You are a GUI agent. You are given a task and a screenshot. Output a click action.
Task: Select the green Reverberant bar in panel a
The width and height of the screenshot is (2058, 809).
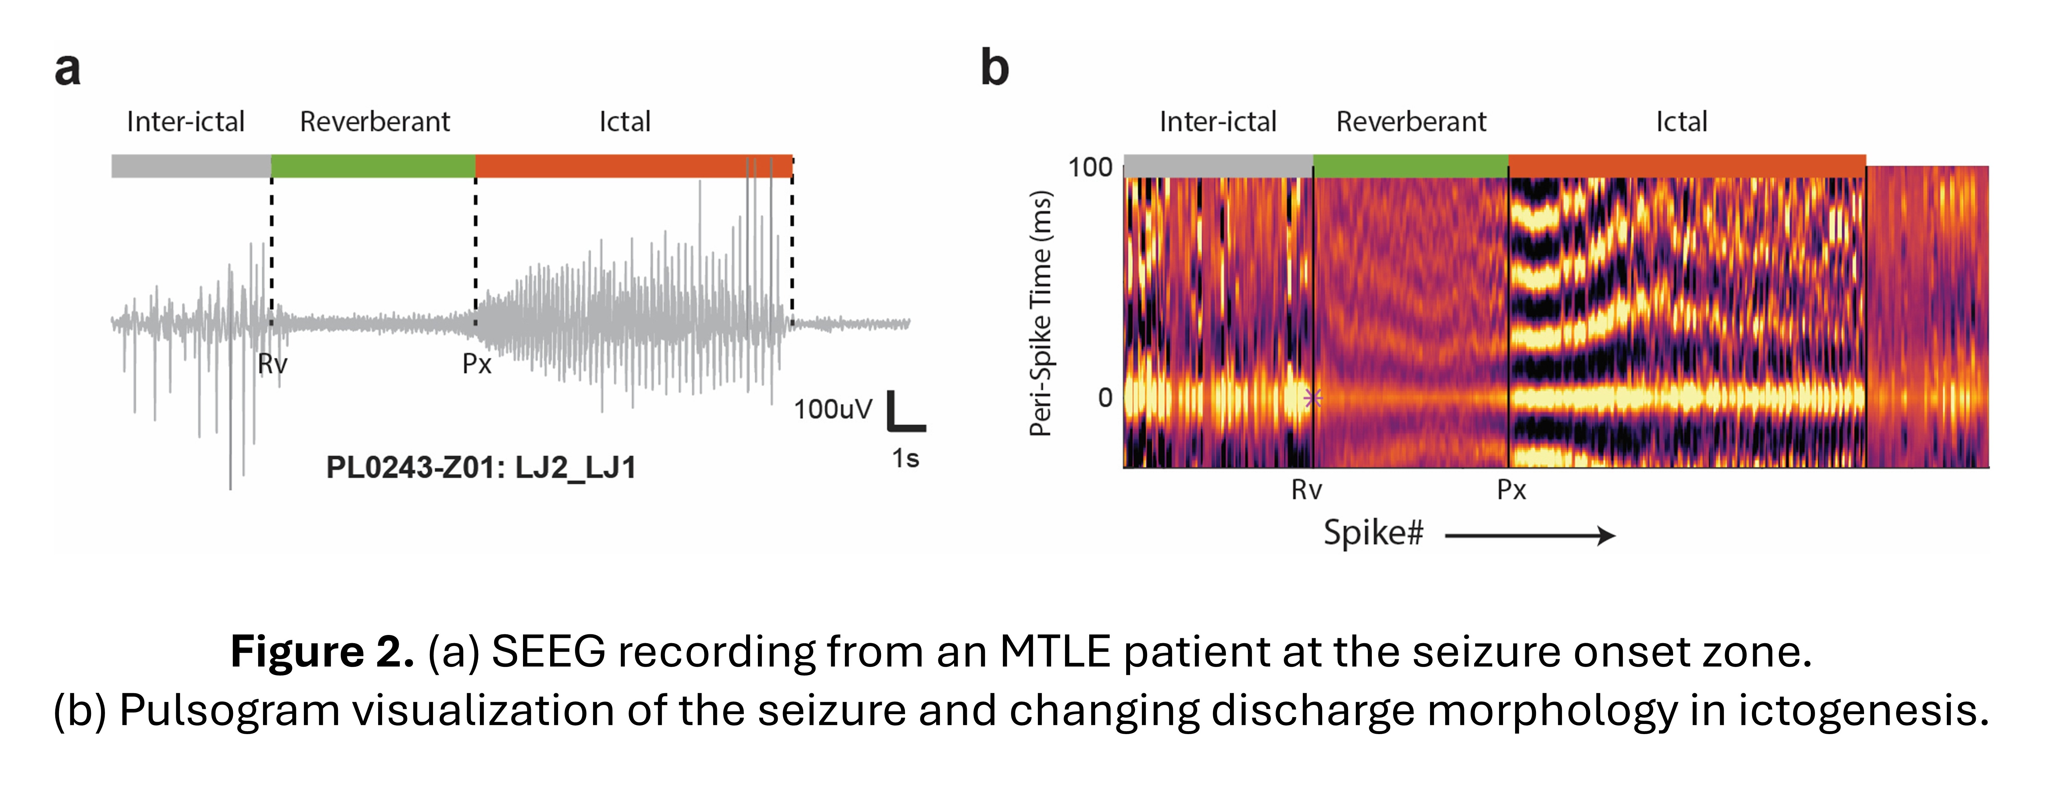(x=373, y=166)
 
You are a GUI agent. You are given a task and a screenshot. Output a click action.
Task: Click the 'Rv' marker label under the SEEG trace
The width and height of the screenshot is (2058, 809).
(x=272, y=364)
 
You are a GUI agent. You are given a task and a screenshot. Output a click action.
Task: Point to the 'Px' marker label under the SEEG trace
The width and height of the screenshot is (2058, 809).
(x=477, y=364)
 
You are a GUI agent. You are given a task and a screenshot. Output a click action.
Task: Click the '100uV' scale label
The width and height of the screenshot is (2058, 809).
(x=832, y=409)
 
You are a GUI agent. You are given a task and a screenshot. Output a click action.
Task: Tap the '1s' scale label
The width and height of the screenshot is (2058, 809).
(x=905, y=459)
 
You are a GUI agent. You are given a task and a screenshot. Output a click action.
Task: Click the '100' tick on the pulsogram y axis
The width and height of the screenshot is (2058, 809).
(x=1090, y=168)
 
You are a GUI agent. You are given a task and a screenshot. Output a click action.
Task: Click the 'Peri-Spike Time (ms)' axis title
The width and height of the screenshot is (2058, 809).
(x=1040, y=313)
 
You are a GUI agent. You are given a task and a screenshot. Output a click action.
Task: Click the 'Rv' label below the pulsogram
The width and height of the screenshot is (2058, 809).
(x=1306, y=490)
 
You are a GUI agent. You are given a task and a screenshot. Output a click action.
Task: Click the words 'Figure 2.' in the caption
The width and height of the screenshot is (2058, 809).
(x=322, y=652)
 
